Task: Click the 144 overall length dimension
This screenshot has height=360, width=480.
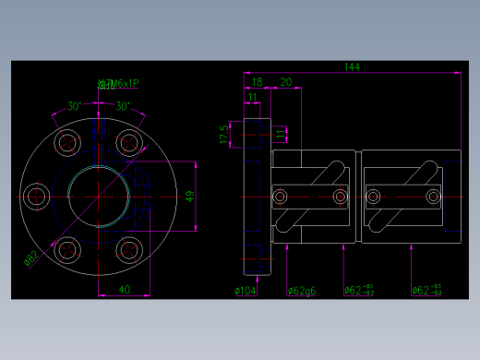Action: click(352, 66)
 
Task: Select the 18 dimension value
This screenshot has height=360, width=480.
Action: click(257, 82)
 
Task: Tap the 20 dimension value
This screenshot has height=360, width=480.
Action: click(285, 82)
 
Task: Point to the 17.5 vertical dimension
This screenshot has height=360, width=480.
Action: click(224, 134)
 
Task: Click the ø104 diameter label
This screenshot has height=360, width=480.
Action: click(246, 291)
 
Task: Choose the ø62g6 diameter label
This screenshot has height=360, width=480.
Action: click(302, 291)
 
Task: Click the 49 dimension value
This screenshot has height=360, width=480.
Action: click(189, 196)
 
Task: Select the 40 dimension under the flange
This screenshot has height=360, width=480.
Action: click(124, 290)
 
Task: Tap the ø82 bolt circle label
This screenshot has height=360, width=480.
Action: click(30, 258)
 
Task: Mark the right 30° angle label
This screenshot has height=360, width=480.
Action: click(121, 105)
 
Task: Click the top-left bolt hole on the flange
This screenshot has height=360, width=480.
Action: click(67, 142)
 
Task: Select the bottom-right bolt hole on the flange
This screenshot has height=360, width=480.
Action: click(130, 250)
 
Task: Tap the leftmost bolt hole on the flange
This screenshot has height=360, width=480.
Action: click(39, 196)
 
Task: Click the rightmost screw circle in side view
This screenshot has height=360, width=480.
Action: click(432, 197)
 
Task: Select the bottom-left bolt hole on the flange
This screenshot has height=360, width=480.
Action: click(67, 250)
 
